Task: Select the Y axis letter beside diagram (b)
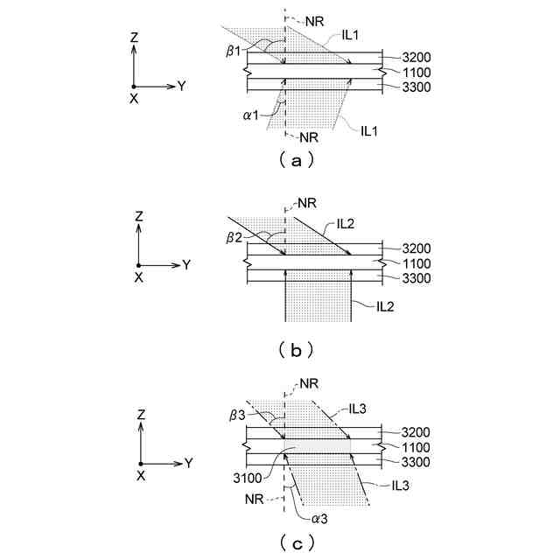[x=186, y=263]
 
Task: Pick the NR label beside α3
[x=254, y=498]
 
